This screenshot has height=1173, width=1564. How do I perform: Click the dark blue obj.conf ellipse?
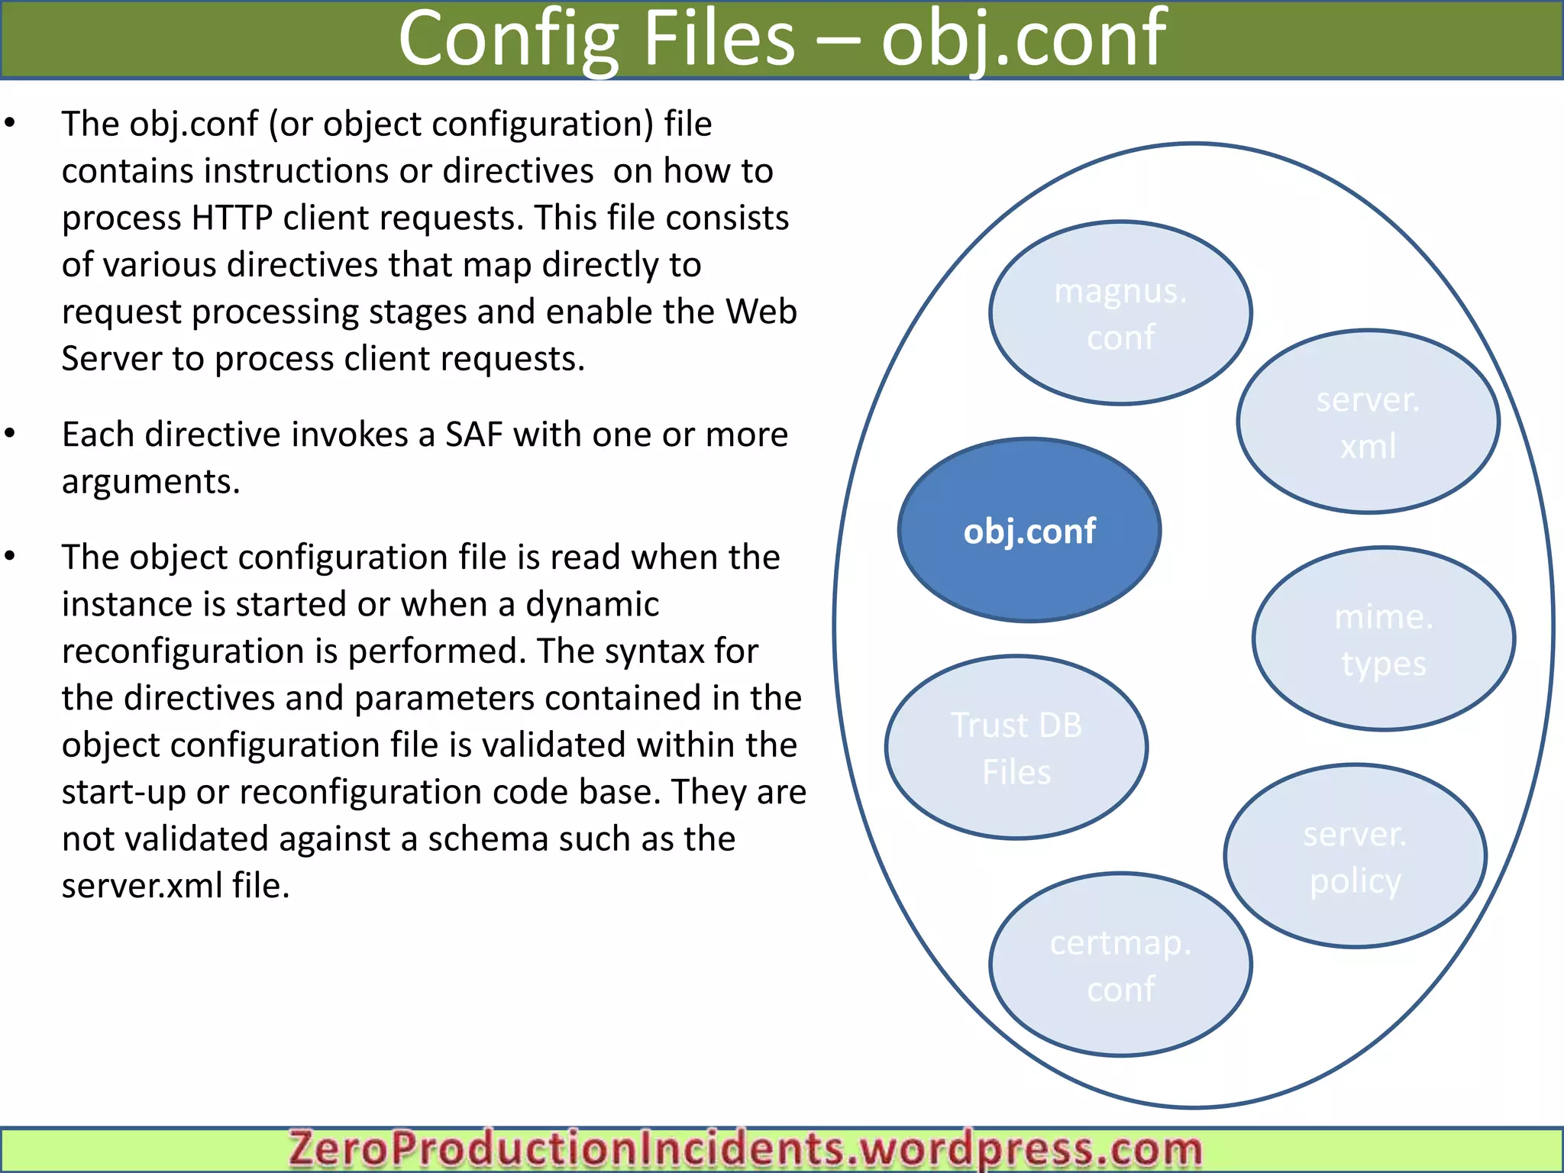coord(1029,531)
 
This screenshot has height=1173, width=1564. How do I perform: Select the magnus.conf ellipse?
coord(1120,313)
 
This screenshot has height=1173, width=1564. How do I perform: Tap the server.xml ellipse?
coord(1368,422)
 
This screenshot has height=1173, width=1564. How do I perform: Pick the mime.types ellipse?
coord(1383,639)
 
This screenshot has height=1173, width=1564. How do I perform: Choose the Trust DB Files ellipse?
coord(1016,748)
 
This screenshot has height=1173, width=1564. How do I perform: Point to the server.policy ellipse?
coord(1355,857)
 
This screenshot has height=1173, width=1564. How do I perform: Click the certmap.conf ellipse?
coord(1120,965)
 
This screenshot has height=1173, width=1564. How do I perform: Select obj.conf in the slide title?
coord(1023,40)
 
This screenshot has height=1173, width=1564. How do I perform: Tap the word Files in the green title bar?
coord(719,40)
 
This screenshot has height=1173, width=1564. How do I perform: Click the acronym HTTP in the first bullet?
coord(232,218)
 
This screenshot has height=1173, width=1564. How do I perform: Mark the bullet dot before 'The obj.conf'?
coord(10,123)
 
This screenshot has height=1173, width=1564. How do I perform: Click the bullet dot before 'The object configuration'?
coord(10,556)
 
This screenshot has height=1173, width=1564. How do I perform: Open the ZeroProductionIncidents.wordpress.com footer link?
coord(745,1149)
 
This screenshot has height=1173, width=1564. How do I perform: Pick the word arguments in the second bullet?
coord(150,482)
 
